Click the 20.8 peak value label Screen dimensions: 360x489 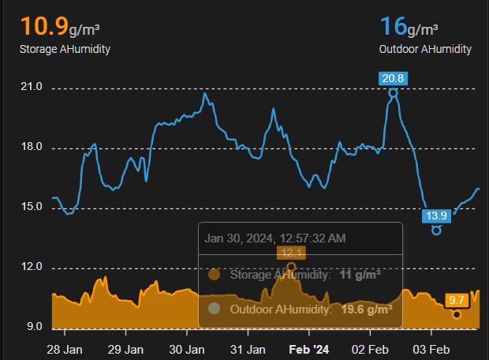(x=393, y=77)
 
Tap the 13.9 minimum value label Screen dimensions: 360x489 (x=436, y=216)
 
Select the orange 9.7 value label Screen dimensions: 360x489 (x=457, y=300)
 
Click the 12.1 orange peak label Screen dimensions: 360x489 (x=292, y=253)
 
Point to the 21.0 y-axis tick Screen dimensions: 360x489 (x=32, y=88)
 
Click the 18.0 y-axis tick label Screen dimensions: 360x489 (x=32, y=148)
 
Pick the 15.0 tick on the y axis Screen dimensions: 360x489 (x=32, y=208)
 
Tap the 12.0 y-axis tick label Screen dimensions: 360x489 (x=32, y=268)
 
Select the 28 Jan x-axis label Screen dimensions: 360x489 (x=65, y=348)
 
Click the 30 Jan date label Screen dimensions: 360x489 (x=187, y=348)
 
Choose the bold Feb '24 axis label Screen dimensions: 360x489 (x=308, y=348)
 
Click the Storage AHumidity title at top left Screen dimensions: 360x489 (x=65, y=49)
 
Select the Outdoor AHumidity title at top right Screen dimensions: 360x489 (x=426, y=49)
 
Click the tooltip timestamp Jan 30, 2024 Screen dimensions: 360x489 (x=274, y=238)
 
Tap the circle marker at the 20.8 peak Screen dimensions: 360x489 (x=393, y=92)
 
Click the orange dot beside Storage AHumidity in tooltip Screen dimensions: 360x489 (x=213, y=275)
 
